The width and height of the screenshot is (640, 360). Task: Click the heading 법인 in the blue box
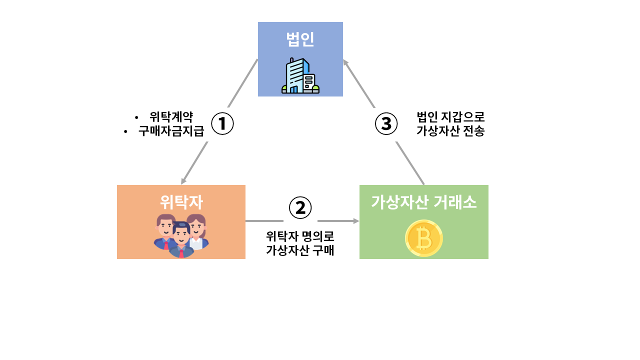tap(300, 39)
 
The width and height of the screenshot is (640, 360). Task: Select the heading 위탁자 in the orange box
tap(181, 201)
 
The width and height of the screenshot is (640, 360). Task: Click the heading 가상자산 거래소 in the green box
tap(423, 202)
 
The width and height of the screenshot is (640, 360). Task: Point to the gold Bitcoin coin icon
tap(423, 238)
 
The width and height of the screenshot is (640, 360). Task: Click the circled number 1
tap(222, 123)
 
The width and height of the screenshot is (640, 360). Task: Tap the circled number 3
tap(386, 123)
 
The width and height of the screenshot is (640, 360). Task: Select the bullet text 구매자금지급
tap(171, 131)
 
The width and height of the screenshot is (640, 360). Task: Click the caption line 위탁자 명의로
tap(300, 235)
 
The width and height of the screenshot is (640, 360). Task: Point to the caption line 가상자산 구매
tap(300, 250)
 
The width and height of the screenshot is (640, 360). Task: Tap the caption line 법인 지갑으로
tap(450, 117)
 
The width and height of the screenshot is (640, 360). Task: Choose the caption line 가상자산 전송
tap(450, 131)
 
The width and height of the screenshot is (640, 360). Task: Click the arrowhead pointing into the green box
tap(356, 220)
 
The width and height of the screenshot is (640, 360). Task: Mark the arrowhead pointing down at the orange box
tap(183, 180)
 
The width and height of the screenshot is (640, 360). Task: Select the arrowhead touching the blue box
tap(345, 62)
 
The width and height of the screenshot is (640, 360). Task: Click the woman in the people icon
tap(196, 231)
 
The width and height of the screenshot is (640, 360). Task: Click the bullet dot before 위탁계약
tap(136, 117)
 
